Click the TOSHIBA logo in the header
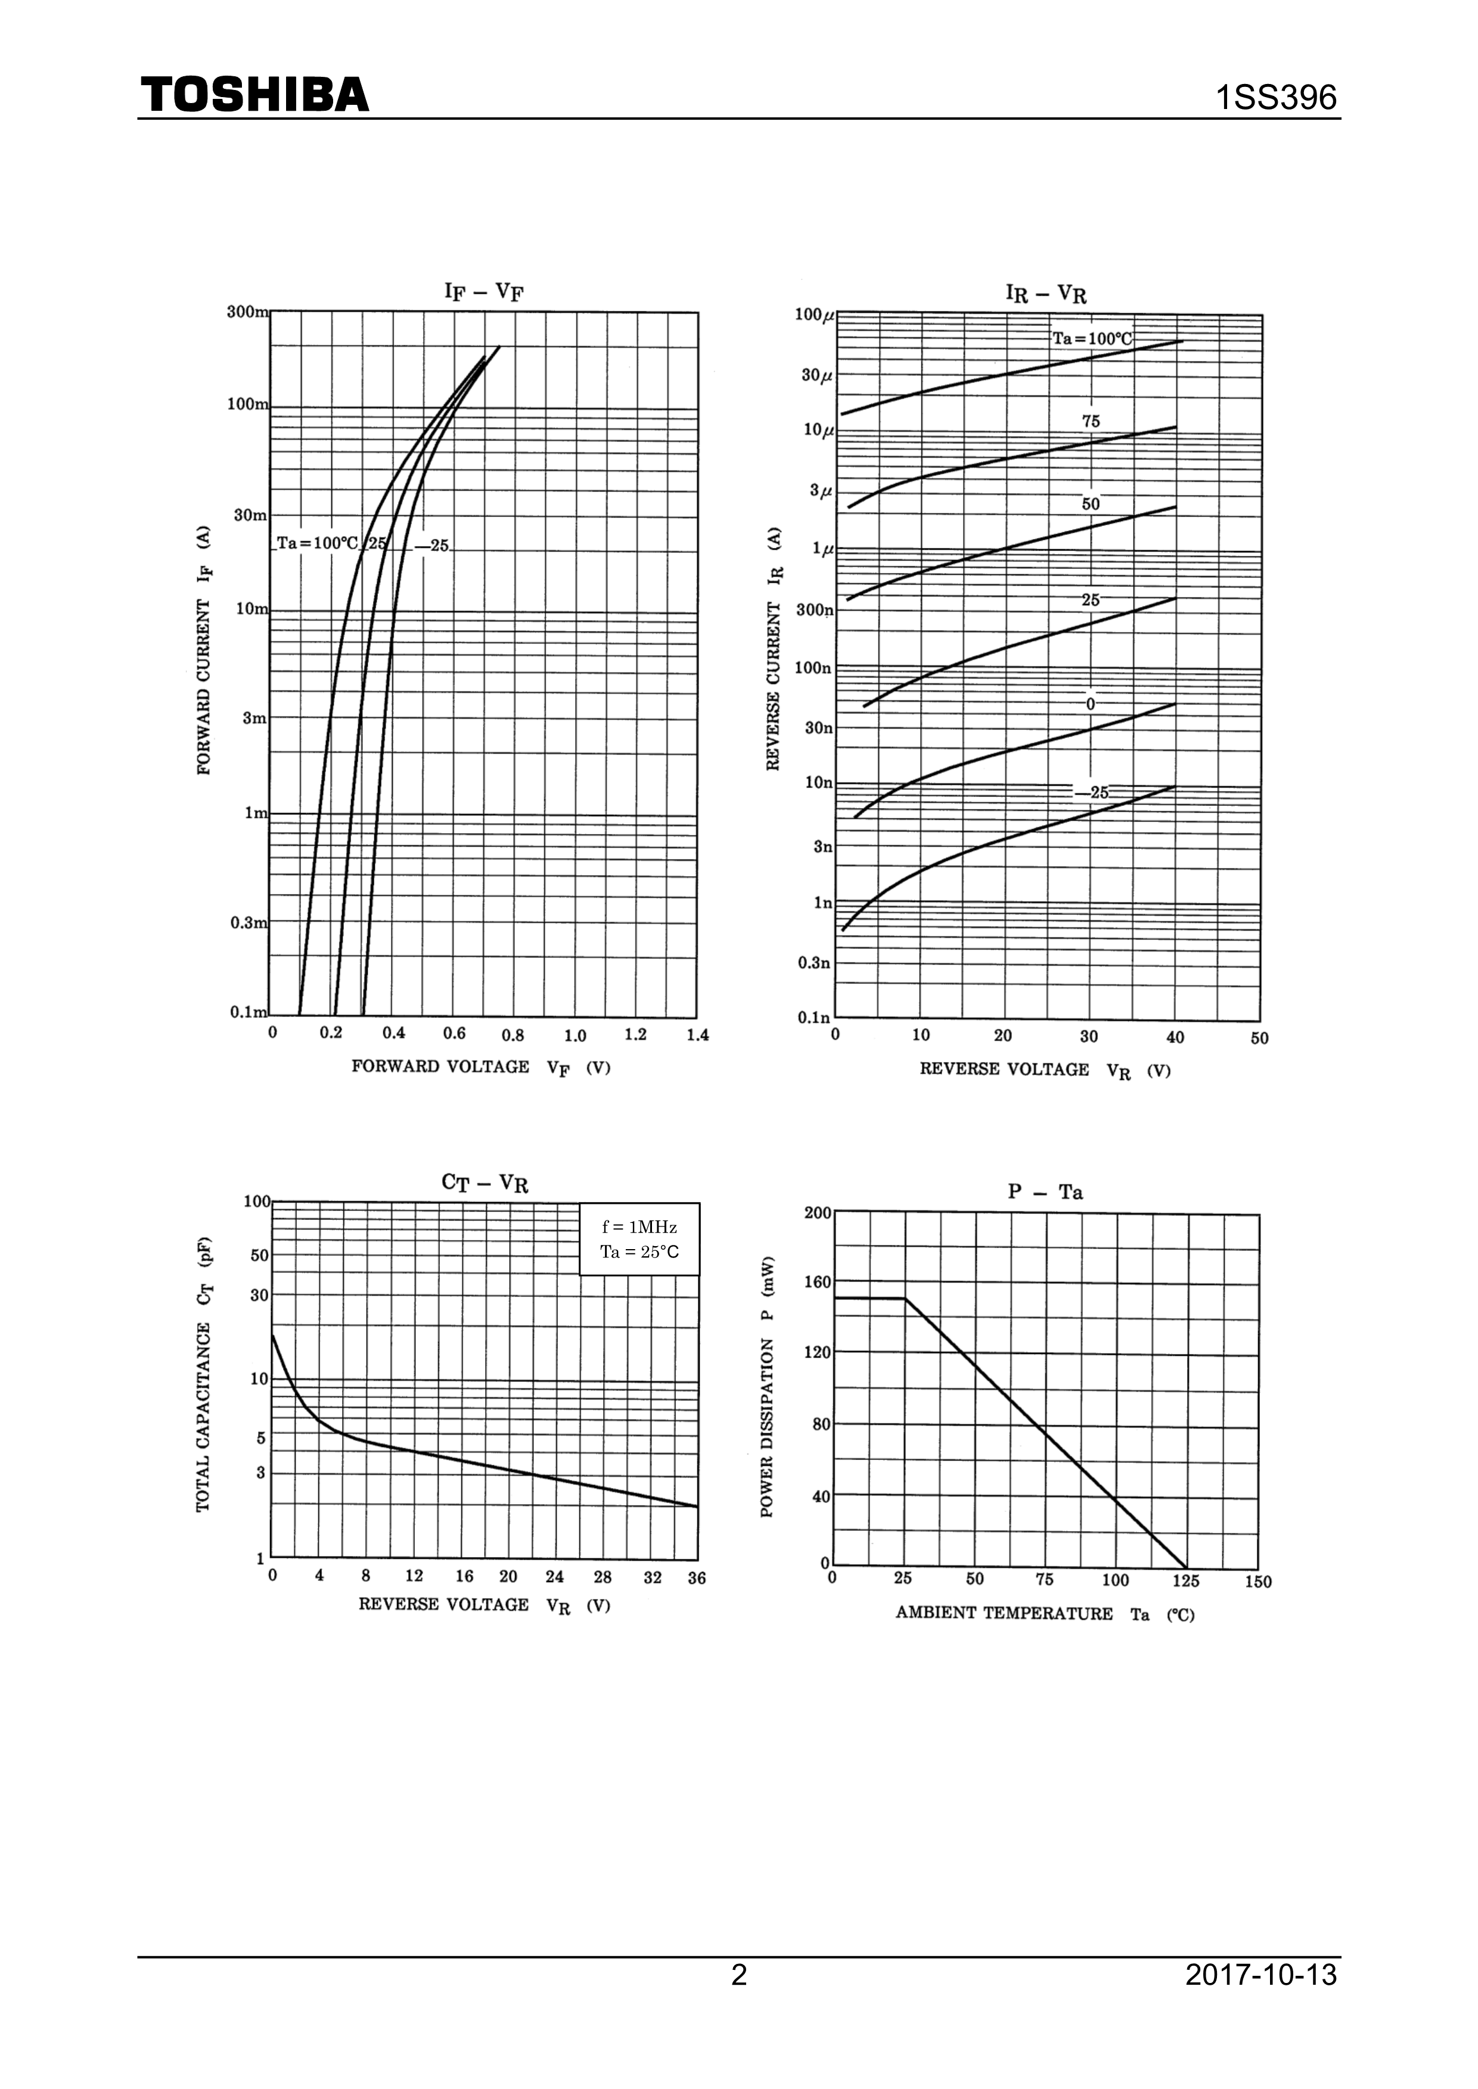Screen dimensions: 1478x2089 (x=255, y=95)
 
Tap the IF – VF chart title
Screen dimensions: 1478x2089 (x=484, y=291)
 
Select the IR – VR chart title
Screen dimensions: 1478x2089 (x=1046, y=293)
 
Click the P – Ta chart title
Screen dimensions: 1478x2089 (x=1046, y=1192)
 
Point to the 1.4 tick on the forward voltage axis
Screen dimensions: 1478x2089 (x=697, y=1035)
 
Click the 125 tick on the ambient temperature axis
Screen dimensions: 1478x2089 (x=1186, y=1580)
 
